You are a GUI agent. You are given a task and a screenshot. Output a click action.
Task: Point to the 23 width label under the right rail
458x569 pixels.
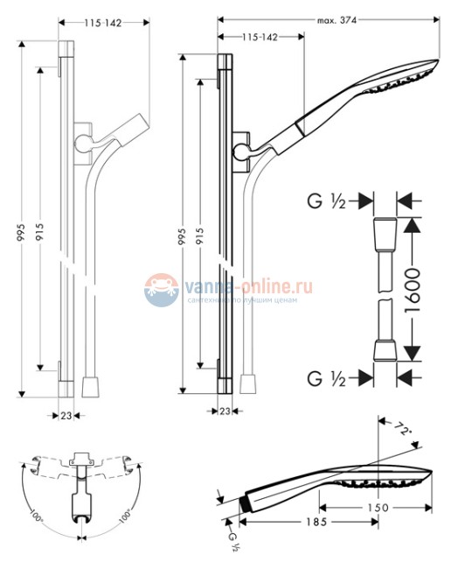point(225,411)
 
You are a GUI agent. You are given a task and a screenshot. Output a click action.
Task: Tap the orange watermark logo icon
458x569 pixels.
point(161,289)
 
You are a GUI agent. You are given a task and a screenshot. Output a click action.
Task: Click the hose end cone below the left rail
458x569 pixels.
point(89,386)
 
